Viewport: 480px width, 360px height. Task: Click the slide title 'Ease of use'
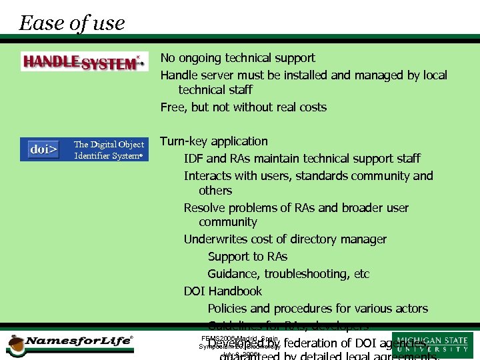click(x=72, y=23)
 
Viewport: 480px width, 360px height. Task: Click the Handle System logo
click(x=84, y=62)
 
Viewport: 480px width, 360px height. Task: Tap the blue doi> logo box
click(x=44, y=149)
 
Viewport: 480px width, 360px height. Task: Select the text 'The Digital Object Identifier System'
click(x=109, y=150)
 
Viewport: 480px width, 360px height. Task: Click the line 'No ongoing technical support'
click(x=237, y=58)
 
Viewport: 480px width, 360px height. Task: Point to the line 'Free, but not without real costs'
click(x=243, y=107)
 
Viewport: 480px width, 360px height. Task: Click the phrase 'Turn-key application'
click(x=214, y=141)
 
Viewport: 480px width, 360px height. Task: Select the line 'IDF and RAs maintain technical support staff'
click(x=302, y=159)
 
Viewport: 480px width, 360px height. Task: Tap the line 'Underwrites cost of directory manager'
click(x=285, y=239)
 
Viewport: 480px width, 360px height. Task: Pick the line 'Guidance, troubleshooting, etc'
click(x=288, y=274)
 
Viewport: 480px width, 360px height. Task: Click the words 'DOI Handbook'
click(x=223, y=291)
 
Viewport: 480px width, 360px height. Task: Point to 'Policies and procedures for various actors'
click(x=317, y=309)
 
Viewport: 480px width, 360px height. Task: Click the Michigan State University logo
click(x=433, y=345)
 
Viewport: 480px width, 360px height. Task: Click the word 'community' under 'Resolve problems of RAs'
click(x=227, y=222)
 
